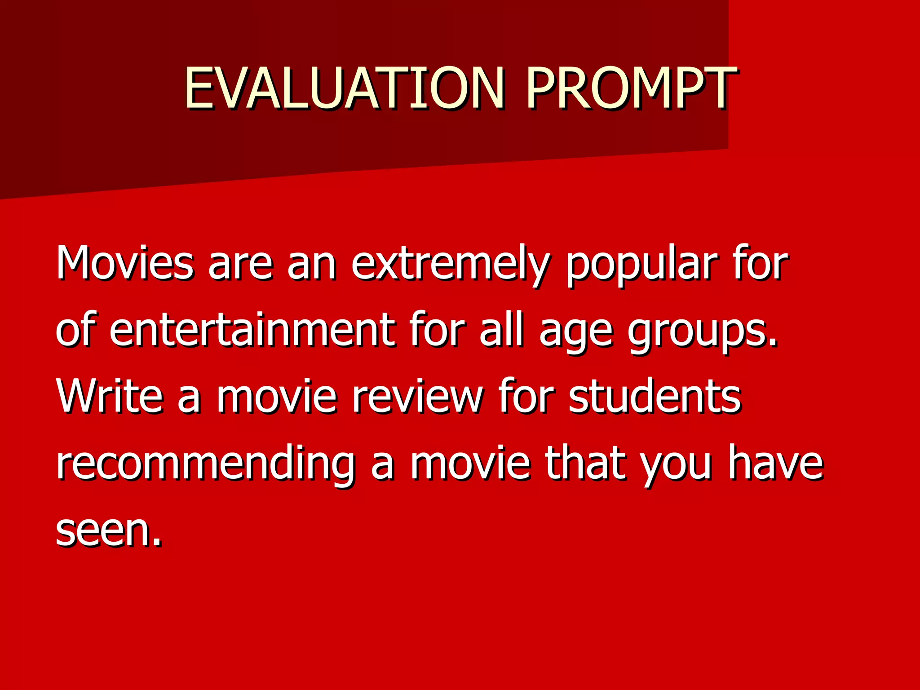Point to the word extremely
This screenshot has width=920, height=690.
point(451,265)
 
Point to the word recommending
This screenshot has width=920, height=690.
point(206,464)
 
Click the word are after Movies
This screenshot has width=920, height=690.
point(240,265)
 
